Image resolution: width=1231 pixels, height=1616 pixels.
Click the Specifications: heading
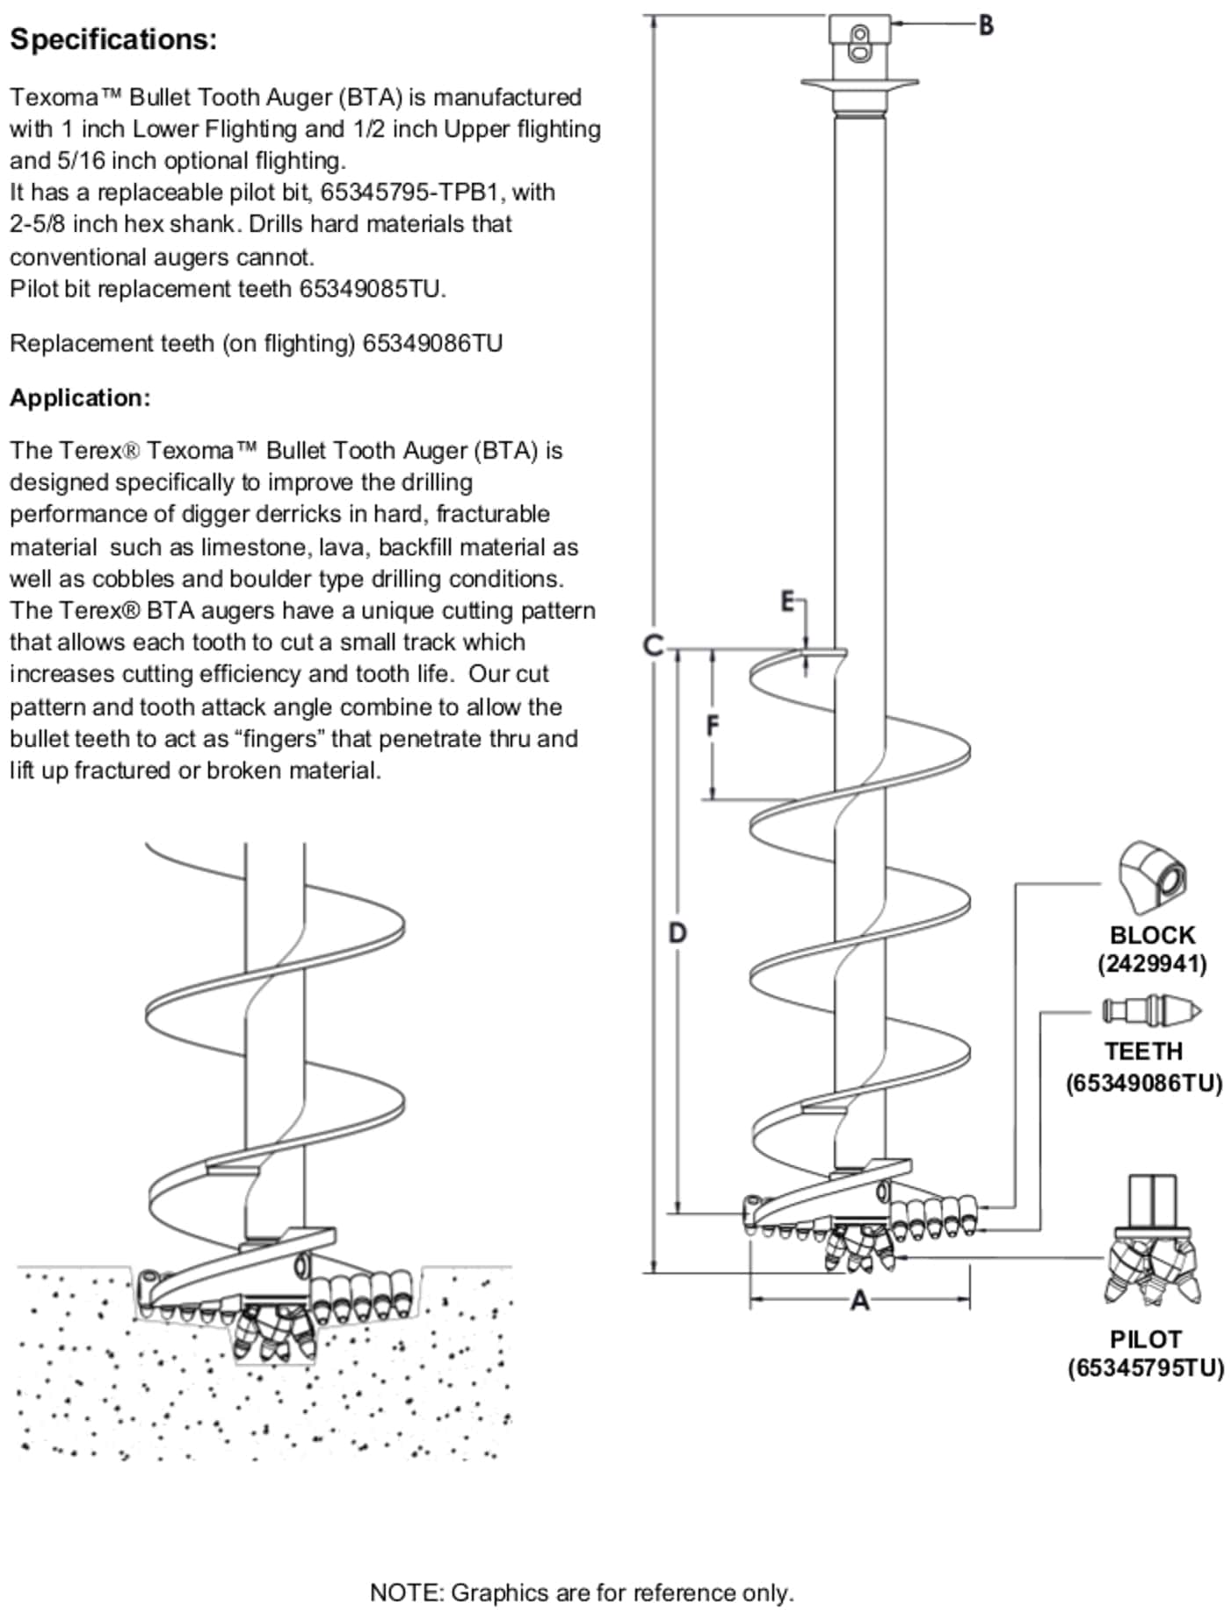(x=113, y=40)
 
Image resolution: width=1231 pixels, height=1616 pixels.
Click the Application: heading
(x=80, y=398)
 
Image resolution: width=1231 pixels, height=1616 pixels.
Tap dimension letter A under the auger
(x=859, y=1300)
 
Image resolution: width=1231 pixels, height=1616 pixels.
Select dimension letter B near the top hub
(x=986, y=25)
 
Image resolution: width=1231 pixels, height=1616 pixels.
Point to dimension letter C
(x=652, y=646)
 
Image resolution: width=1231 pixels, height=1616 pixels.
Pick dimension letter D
(x=677, y=932)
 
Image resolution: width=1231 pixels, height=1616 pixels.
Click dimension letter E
(x=788, y=602)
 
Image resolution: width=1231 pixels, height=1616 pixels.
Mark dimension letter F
(x=713, y=726)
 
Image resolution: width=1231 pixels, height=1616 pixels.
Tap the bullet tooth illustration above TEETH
(x=1151, y=1011)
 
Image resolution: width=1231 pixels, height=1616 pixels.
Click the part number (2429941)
(x=1151, y=964)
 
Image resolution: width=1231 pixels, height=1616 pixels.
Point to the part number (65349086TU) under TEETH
(x=1144, y=1083)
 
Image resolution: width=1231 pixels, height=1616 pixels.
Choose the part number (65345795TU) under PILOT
(x=1145, y=1368)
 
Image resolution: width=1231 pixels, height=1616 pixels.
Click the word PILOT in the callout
(x=1145, y=1338)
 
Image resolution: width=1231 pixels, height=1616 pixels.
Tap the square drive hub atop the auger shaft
(x=860, y=40)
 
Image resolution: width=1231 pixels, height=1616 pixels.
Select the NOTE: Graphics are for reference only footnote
(x=581, y=1592)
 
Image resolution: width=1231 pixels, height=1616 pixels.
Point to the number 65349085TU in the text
(x=372, y=289)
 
